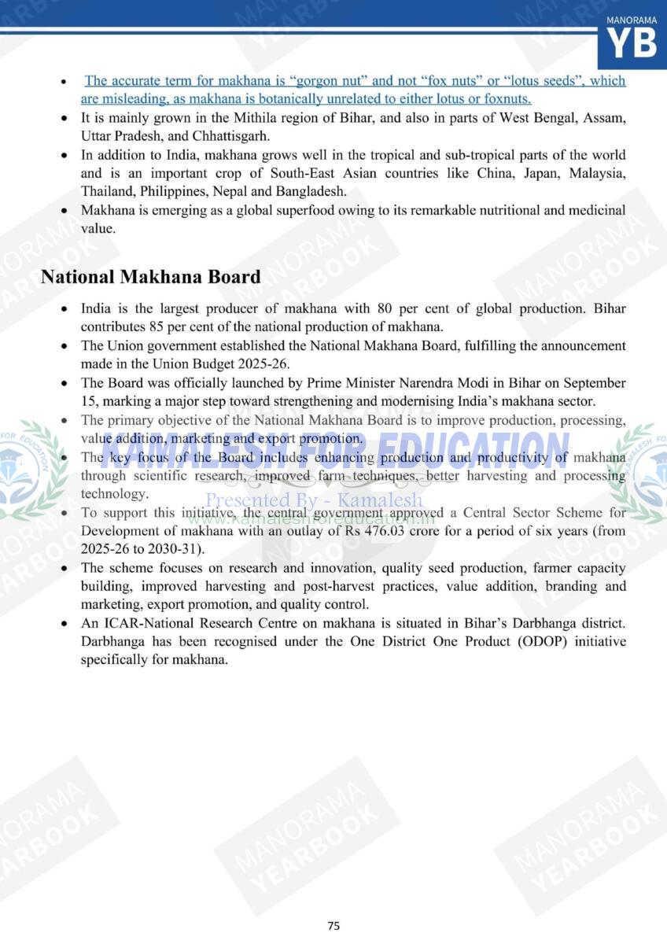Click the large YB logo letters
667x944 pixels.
point(632,43)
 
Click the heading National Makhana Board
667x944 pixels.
point(150,277)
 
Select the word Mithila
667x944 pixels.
point(253,118)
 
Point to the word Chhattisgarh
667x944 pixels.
point(192,136)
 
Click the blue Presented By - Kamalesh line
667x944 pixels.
point(314,500)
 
